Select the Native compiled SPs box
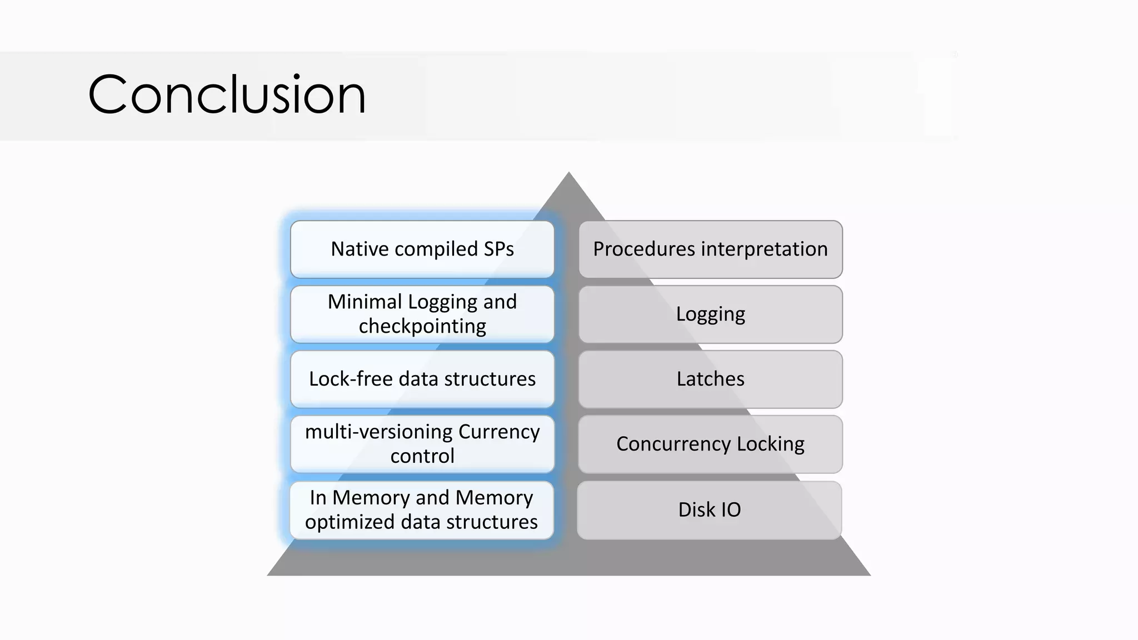[422, 249]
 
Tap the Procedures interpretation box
[710, 249]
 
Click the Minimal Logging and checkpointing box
[422, 314]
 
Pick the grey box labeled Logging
[710, 314]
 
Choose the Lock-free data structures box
[422, 379]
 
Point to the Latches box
[710, 379]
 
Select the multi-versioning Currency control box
[422, 444]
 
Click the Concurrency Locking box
[710, 444]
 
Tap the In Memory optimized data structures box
[422, 510]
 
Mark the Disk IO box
[710, 510]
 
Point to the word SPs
[498, 249]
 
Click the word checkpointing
[422, 326]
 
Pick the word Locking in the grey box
[771, 444]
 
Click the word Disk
[695, 510]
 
